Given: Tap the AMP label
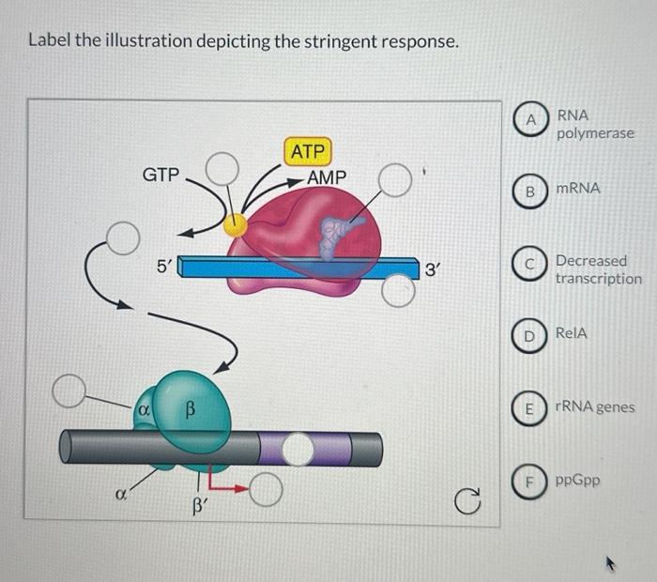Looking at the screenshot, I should [326, 177].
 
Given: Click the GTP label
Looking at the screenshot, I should [160, 176].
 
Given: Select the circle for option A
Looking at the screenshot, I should [531, 121].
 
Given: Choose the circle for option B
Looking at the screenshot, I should [531, 190].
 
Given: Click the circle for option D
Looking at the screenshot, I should [531, 334].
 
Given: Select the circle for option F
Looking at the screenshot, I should [531, 481].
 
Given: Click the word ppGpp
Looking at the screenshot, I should [577, 481].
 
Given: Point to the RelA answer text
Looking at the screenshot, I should [572, 333].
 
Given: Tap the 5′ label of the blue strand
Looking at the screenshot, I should [163, 267].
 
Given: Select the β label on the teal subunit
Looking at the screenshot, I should [190, 410].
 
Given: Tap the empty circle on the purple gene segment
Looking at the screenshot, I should [298, 449].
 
